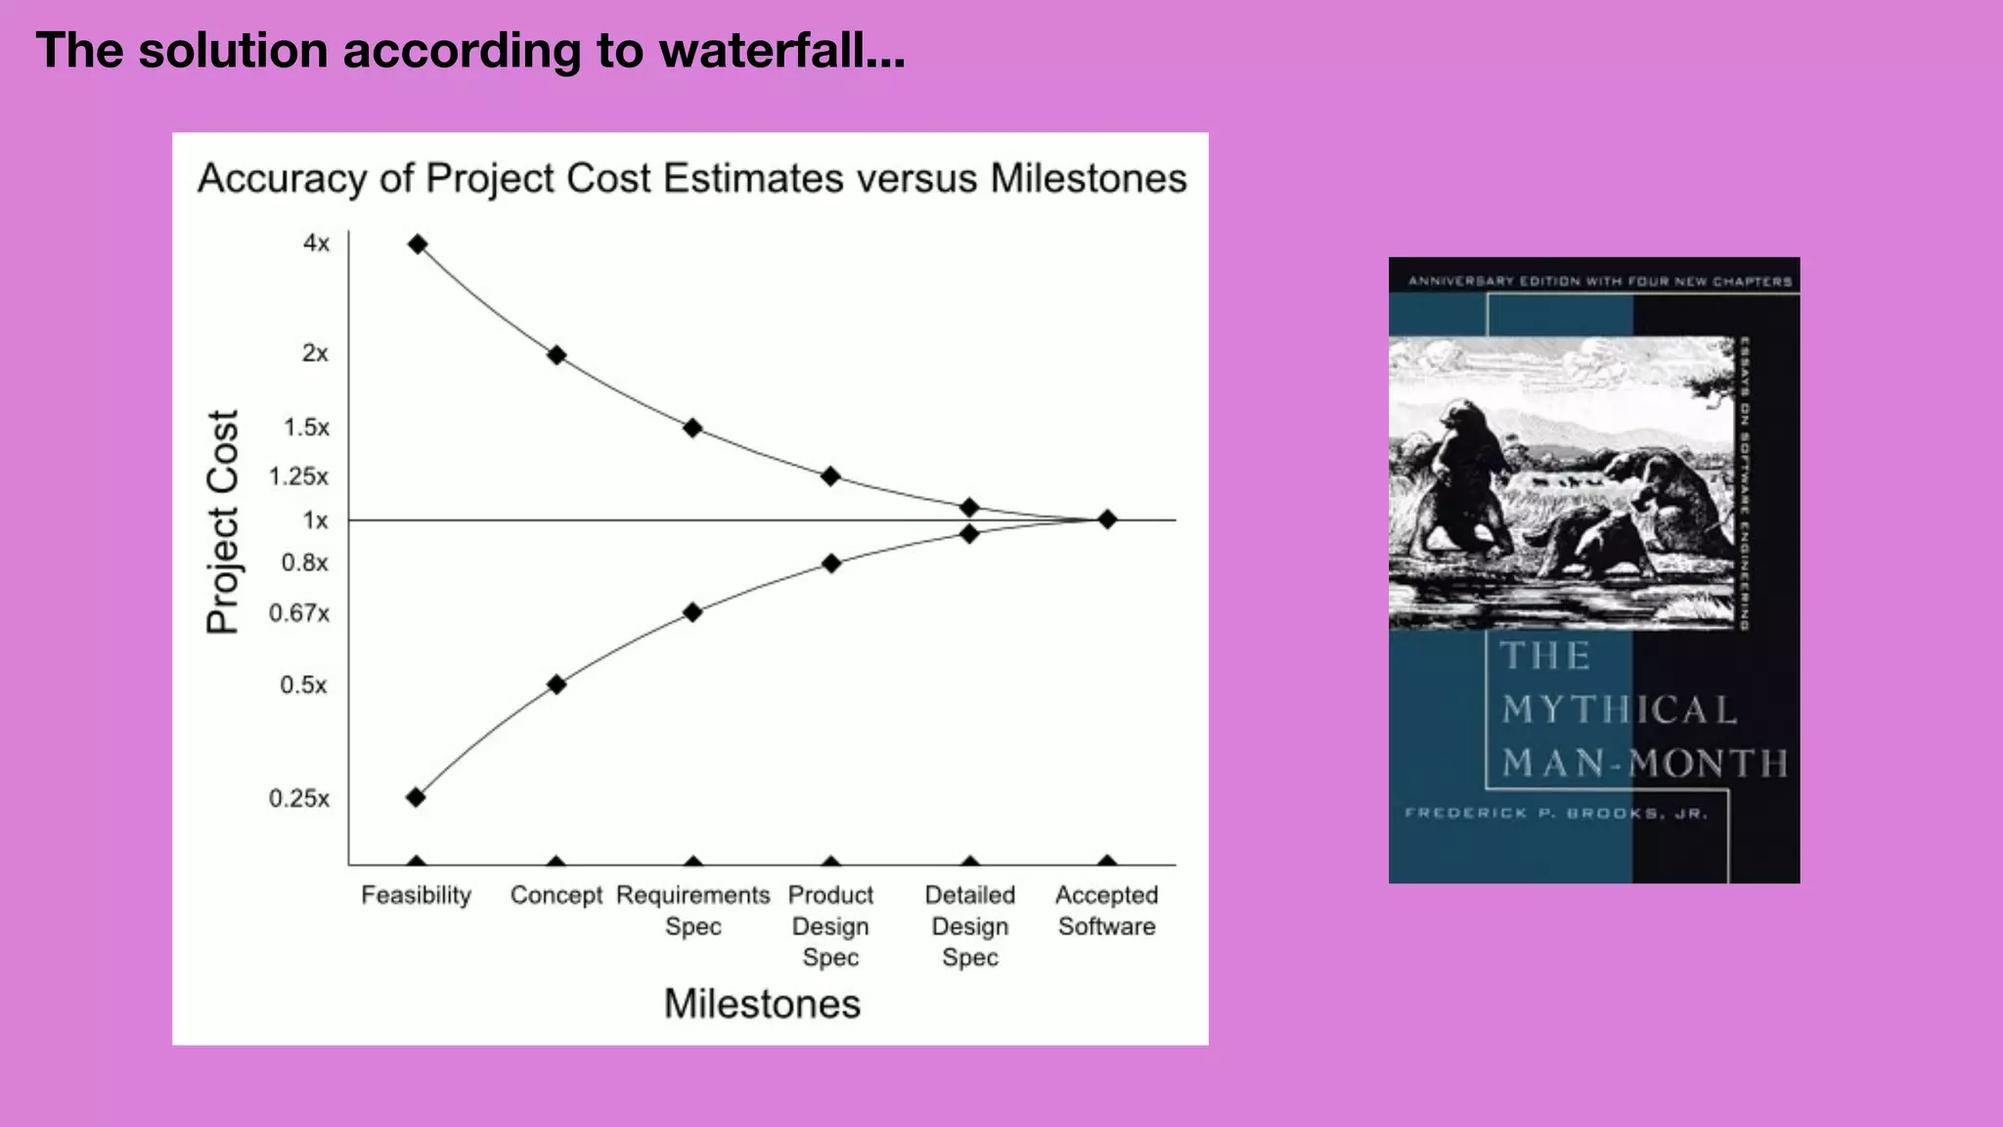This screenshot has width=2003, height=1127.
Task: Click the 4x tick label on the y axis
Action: (316, 243)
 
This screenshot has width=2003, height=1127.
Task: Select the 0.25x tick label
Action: (299, 798)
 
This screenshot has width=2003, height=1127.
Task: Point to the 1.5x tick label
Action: (306, 428)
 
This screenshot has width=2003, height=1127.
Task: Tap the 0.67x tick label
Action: (299, 613)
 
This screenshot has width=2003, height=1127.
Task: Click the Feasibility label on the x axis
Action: (416, 895)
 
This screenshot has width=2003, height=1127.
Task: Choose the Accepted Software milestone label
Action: (1106, 911)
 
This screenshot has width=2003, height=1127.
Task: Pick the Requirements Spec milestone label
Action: (692, 911)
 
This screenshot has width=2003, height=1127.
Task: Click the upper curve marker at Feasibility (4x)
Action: (418, 244)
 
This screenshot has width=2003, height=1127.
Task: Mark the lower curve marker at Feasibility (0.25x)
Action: (416, 797)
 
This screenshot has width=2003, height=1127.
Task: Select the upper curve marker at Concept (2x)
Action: (556, 355)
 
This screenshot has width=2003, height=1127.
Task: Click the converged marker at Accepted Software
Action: (1106, 519)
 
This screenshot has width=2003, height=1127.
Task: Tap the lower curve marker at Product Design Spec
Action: (830, 563)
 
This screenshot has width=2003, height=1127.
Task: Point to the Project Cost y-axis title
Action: (223, 521)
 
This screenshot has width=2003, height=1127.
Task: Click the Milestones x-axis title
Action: (762, 1004)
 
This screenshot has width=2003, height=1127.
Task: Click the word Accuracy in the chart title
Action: (283, 179)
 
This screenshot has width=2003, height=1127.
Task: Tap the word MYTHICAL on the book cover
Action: (1619, 709)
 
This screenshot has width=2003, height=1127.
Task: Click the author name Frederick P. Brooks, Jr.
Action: (1555, 813)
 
